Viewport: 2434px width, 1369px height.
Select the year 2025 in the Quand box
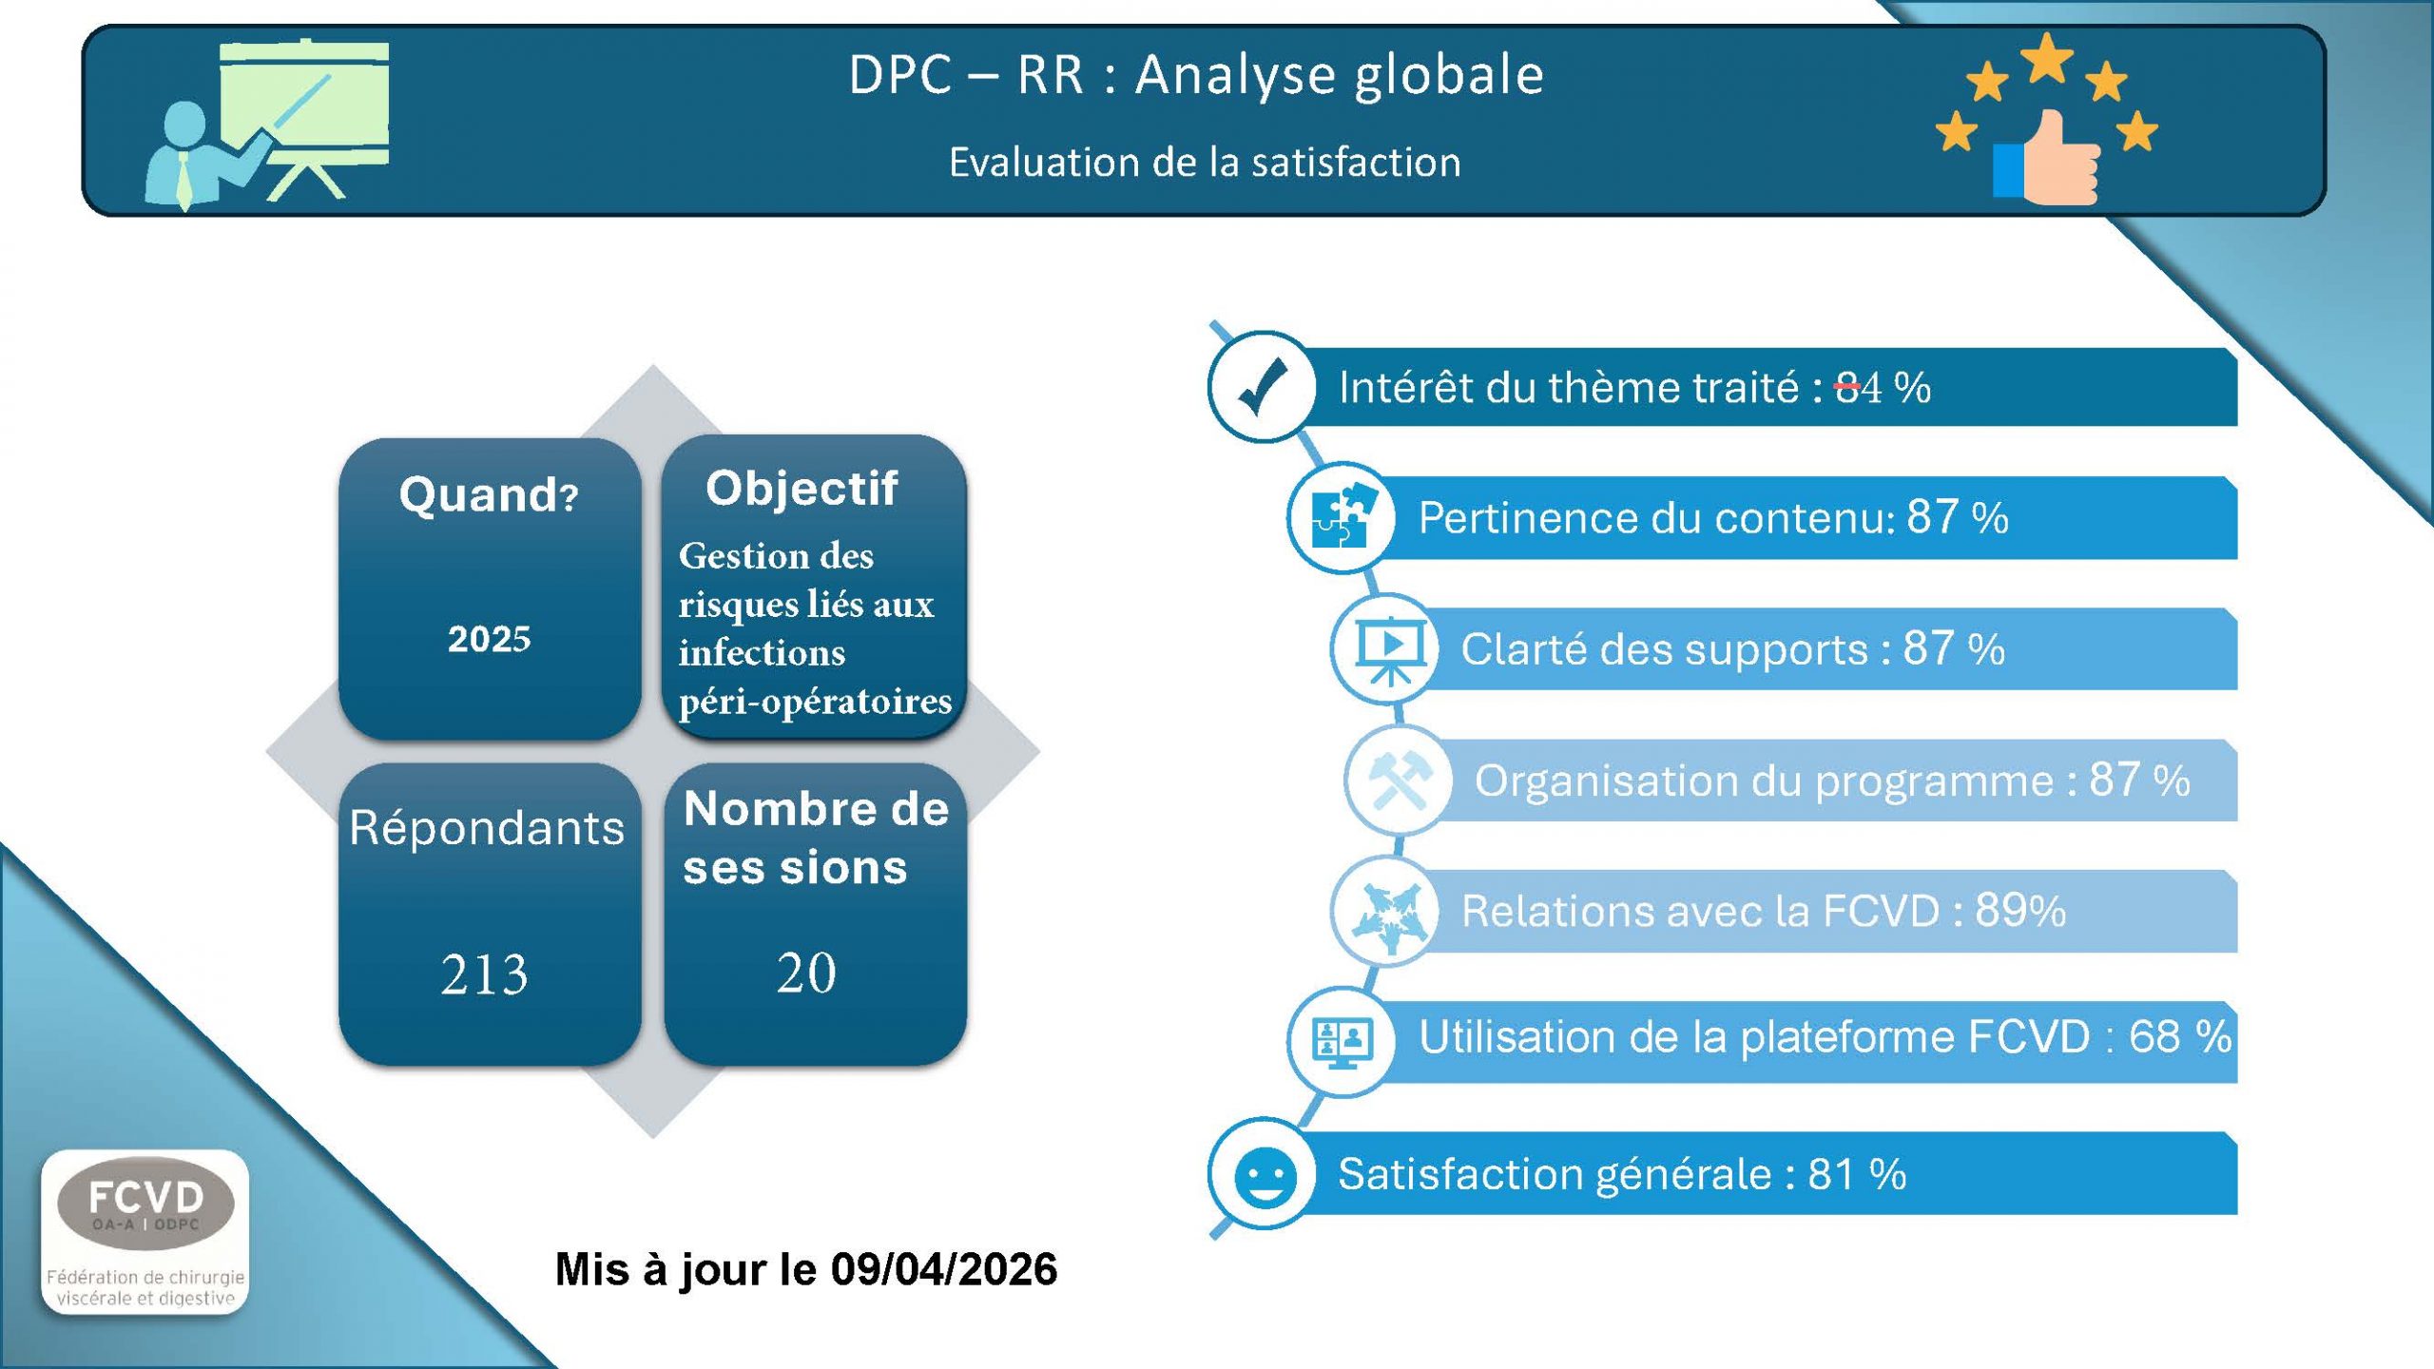coord(490,639)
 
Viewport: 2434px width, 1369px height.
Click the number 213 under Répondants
coord(484,974)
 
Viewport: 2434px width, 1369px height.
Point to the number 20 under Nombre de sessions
coord(806,973)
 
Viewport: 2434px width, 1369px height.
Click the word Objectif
coord(802,488)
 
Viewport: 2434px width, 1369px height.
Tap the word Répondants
coord(487,827)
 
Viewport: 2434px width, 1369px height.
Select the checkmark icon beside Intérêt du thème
coord(1263,386)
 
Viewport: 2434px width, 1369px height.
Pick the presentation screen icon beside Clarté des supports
coord(1390,649)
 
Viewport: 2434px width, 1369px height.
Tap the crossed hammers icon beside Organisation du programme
coord(1399,780)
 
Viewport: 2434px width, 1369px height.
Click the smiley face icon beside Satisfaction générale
coord(1265,1176)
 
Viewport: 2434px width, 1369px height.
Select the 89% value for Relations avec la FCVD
coord(2020,910)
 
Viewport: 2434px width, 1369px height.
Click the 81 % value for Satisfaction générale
coord(1857,1174)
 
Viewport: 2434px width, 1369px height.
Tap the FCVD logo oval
coord(145,1203)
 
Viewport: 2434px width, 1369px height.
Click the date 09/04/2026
coord(944,1269)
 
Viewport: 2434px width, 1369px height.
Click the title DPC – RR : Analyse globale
coord(1196,74)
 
